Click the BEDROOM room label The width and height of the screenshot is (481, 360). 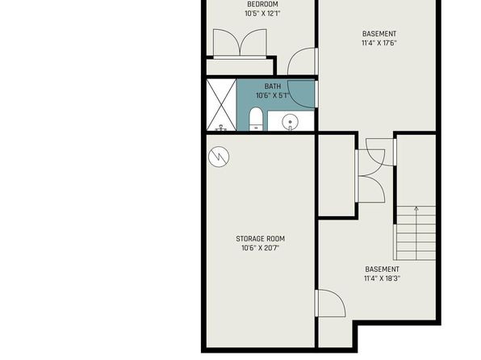[x=262, y=4]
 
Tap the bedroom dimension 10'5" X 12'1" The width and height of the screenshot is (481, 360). [x=262, y=14]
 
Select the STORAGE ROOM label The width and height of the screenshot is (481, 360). [x=260, y=239]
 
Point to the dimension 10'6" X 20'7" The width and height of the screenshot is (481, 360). [x=260, y=248]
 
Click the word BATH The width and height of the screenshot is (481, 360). [x=273, y=86]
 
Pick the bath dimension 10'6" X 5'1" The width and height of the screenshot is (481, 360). [x=273, y=95]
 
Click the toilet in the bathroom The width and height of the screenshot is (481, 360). [x=256, y=119]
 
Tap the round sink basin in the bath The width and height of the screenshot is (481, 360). [x=290, y=122]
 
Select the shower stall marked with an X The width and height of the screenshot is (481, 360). [x=221, y=105]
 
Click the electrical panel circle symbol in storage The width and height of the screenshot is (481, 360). [x=219, y=157]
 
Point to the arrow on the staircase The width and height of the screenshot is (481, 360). [x=416, y=233]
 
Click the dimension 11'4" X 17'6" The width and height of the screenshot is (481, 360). [x=379, y=43]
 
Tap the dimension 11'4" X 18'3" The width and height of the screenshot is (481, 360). [x=383, y=278]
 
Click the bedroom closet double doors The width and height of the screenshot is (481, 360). [x=240, y=43]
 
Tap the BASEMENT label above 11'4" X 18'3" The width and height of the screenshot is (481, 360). [x=383, y=270]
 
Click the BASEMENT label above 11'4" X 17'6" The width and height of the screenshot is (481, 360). [x=379, y=34]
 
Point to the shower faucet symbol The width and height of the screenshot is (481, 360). [x=221, y=128]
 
